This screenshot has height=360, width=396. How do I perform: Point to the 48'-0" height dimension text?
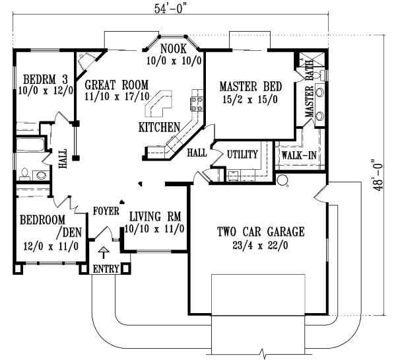378,173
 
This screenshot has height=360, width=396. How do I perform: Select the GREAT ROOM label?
116,85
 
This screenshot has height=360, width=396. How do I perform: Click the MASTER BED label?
251,87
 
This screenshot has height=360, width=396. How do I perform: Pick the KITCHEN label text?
159,126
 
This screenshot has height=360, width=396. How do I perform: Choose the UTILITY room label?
242,153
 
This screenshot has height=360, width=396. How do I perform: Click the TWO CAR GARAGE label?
261,231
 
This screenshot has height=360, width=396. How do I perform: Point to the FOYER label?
106,211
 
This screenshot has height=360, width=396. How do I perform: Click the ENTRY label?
106,270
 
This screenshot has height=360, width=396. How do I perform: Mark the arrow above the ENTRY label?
103,254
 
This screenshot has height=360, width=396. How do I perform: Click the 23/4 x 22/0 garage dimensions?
261,245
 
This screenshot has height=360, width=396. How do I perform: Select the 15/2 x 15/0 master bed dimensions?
251,100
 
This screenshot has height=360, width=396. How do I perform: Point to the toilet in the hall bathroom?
25,174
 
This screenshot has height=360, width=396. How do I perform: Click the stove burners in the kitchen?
196,102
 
